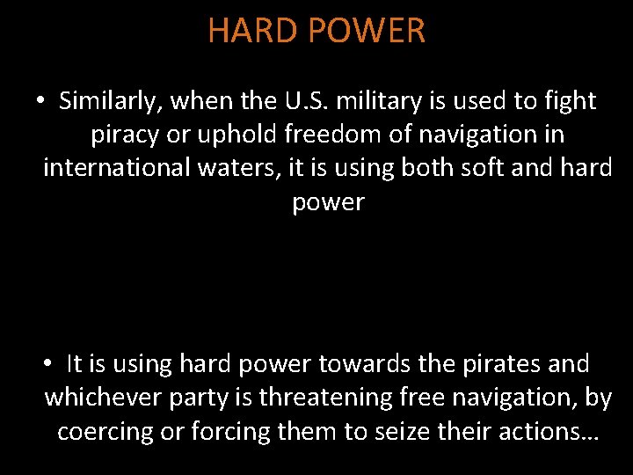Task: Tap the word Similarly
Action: coord(111,101)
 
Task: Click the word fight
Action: coord(571,101)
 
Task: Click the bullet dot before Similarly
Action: coord(40,102)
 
